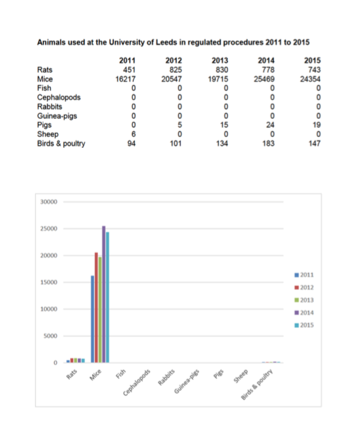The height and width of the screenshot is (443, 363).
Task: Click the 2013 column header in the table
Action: pyautogui.click(x=220, y=60)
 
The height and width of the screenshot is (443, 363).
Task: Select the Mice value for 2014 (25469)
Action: pyautogui.click(x=264, y=79)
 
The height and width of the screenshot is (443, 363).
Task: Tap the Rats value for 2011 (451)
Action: pyautogui.click(x=129, y=70)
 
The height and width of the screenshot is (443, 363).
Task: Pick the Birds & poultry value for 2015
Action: pyautogui.click(x=314, y=144)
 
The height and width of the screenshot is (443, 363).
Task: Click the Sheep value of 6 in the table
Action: pyautogui.click(x=133, y=134)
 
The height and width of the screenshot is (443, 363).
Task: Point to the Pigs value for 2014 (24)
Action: pyautogui.click(x=270, y=125)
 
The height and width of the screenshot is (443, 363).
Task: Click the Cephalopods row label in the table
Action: pyautogui.click(x=58, y=98)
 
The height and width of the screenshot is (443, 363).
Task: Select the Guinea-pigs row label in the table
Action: pyautogui.click(x=57, y=116)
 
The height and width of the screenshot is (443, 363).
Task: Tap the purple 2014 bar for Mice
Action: pyautogui.click(x=104, y=294)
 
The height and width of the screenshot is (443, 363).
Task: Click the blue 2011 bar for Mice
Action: pyautogui.click(x=92, y=319)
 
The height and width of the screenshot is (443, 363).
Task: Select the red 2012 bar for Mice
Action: pyautogui.click(x=96, y=307)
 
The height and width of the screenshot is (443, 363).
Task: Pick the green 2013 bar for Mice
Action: pyautogui.click(x=100, y=310)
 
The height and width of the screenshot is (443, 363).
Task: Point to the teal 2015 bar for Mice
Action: pyautogui.click(x=107, y=297)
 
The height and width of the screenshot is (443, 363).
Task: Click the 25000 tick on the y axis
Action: pyautogui.click(x=49, y=228)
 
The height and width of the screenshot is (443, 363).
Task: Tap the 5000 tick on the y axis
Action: pyautogui.click(x=50, y=336)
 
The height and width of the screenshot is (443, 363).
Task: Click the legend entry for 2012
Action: pyautogui.click(x=304, y=287)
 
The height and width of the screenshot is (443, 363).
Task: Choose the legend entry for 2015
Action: pyautogui.click(x=304, y=325)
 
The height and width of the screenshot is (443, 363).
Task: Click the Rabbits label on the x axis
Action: pyautogui.click(x=166, y=377)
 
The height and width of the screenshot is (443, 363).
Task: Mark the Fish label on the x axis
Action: pyautogui.click(x=121, y=374)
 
